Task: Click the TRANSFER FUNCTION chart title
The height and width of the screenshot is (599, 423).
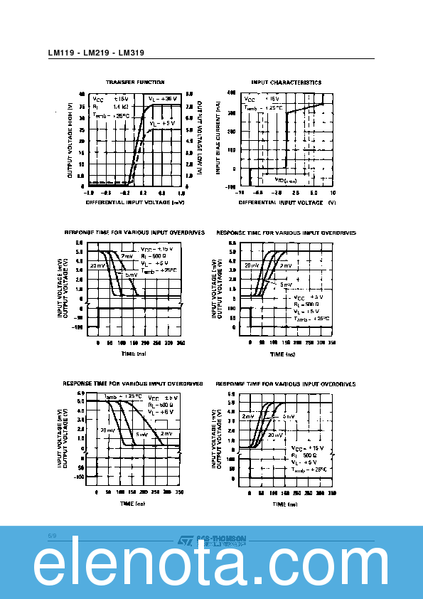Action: (135, 83)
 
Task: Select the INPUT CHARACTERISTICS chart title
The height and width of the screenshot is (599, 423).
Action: (286, 83)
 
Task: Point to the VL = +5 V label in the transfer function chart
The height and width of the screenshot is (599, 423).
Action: (163, 123)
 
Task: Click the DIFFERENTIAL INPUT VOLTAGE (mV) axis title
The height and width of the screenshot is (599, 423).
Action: (134, 202)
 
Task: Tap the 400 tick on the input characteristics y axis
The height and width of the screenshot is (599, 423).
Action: (231, 93)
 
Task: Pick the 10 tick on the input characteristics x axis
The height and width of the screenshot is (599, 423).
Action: (333, 193)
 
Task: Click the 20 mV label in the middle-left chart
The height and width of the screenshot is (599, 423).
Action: (97, 265)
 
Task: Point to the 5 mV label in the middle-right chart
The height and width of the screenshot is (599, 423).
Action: (285, 284)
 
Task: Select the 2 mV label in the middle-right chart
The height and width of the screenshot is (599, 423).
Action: (285, 265)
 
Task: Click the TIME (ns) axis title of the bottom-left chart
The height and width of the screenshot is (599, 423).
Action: (132, 504)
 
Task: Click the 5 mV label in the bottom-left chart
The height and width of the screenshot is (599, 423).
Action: (142, 434)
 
